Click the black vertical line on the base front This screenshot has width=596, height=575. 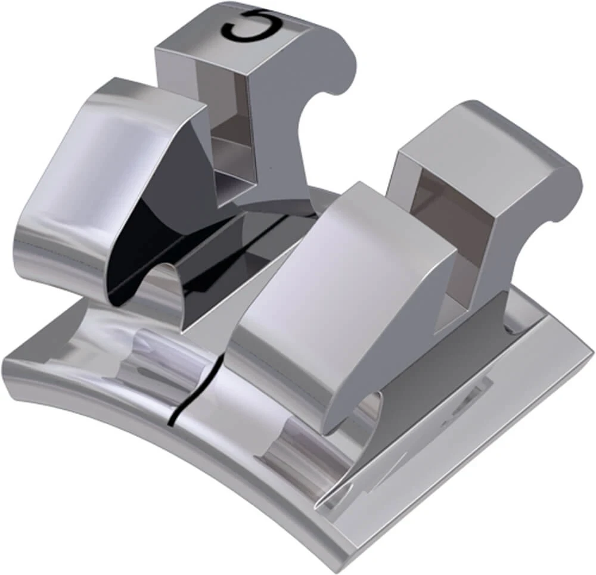(x=179, y=405)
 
